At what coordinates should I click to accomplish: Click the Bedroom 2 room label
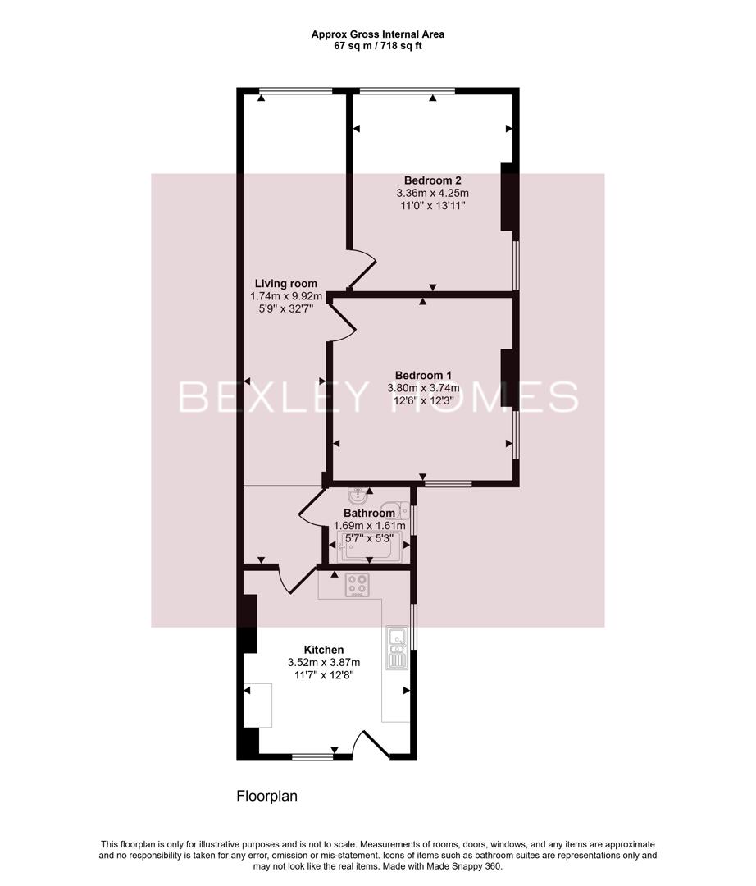pos(432,180)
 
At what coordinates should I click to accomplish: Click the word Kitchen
pos(324,650)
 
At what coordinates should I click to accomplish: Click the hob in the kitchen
pos(357,585)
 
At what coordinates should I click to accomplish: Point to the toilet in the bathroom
pos(394,509)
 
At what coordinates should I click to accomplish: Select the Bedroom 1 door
pos(344,320)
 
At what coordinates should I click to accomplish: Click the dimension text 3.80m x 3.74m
pos(423,388)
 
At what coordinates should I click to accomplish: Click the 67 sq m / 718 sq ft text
pos(378,46)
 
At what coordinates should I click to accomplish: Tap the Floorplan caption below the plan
pos(266,796)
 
